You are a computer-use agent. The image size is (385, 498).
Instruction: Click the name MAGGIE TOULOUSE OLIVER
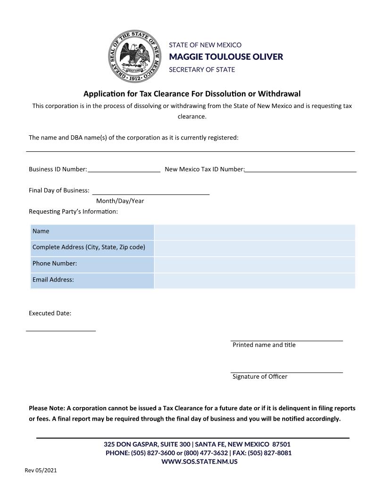pyautogui.click(x=226, y=57)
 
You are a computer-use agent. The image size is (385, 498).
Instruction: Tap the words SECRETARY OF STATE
pyautogui.click(x=202, y=69)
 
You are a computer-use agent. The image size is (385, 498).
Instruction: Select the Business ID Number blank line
pyautogui.click(x=124, y=169)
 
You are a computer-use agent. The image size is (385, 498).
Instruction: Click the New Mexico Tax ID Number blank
pyautogui.click(x=300, y=169)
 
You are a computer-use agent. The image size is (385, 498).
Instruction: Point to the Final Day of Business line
pyautogui.click(x=151, y=191)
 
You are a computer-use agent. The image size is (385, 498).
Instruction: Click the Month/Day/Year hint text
pyautogui.click(x=120, y=201)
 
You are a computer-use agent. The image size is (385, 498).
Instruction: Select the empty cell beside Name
pyautogui.click(x=254, y=232)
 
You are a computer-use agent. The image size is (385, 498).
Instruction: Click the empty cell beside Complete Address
pyautogui.click(x=254, y=248)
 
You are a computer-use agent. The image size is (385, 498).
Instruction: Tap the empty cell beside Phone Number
pyautogui.click(x=254, y=264)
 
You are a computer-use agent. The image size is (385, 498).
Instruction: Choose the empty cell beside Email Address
pyautogui.click(x=254, y=280)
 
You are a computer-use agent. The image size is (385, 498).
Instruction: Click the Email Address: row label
pyautogui.click(x=53, y=280)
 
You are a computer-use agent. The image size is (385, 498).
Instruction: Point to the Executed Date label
pyautogui.click(x=50, y=313)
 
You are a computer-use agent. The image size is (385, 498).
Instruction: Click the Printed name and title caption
pyautogui.click(x=264, y=345)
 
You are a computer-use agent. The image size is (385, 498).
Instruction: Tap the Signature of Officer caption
pyautogui.click(x=259, y=376)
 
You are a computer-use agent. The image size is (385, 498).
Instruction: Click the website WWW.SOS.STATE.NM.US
pyautogui.click(x=199, y=461)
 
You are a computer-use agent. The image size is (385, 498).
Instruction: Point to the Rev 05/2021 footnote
pyautogui.click(x=41, y=471)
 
